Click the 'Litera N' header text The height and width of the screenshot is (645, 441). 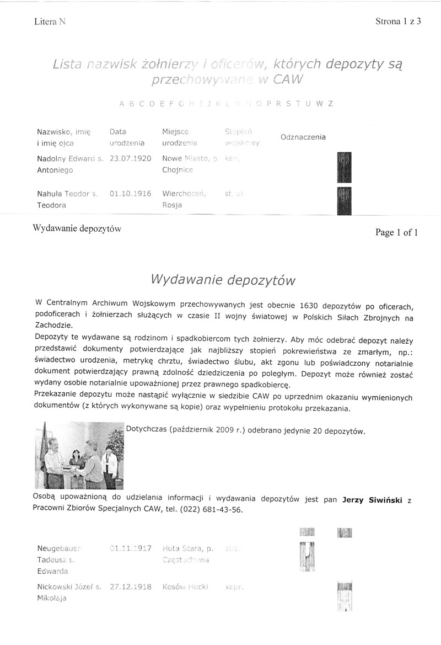pos(49,22)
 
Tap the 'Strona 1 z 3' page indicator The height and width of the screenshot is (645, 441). pos(398,22)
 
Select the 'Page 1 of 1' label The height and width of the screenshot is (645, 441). pos(396,233)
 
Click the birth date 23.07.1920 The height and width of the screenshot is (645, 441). pos(131,158)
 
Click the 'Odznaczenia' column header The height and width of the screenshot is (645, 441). pos(303,137)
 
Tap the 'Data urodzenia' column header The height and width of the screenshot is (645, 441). pos(126,137)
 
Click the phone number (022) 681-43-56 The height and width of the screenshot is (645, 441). pos(211,510)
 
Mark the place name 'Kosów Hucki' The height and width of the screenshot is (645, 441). pos(185,588)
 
